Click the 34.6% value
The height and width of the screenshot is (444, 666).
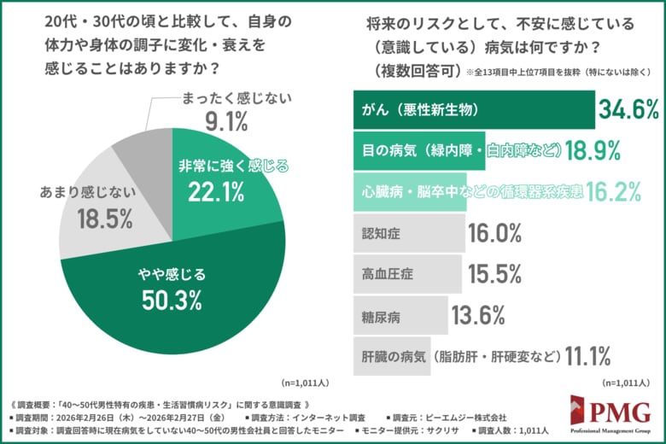coord(628,109)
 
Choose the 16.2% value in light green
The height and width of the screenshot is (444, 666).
coord(614,192)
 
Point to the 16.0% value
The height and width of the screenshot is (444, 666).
coord(494,233)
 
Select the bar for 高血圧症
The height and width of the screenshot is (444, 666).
coord(406,274)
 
